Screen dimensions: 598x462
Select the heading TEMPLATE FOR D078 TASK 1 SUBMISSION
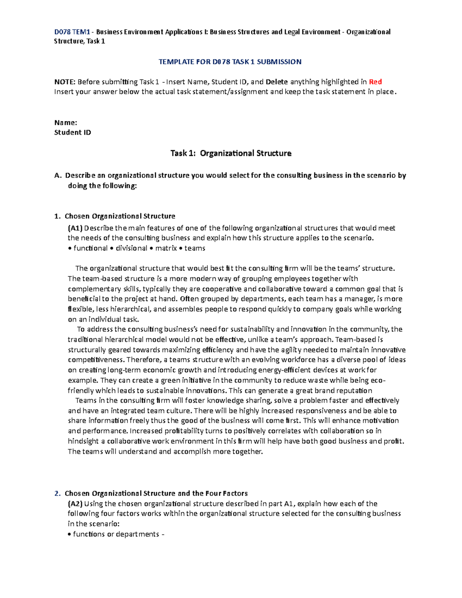click(230, 62)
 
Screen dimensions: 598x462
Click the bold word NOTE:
click(65, 82)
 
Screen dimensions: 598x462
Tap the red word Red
click(375, 82)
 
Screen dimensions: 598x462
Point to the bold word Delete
click(277, 82)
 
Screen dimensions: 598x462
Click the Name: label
click(66, 122)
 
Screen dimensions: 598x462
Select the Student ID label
click(73, 132)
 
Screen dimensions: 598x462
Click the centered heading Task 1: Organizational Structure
click(231, 153)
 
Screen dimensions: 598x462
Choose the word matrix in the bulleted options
click(166, 248)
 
